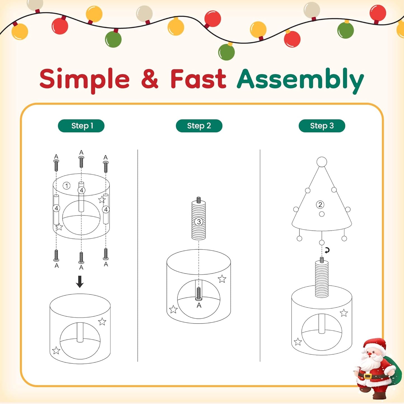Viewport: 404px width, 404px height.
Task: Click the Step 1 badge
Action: (81, 126)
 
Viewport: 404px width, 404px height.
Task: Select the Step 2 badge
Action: (199, 126)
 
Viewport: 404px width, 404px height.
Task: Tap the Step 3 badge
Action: (322, 126)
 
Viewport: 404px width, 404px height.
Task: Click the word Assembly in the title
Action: (300, 81)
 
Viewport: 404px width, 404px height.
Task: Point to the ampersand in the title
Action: (150, 79)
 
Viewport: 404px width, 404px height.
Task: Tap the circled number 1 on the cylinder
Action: (67, 186)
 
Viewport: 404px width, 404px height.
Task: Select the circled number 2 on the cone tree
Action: (320, 205)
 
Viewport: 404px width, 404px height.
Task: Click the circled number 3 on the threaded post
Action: (199, 222)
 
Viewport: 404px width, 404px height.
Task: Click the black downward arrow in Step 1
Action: (80, 282)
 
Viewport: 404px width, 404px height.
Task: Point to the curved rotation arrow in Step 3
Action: (327, 250)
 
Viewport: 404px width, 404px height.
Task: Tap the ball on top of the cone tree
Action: (322, 162)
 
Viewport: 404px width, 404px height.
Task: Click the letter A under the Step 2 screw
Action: (199, 306)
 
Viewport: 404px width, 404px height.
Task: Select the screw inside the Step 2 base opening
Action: (199, 294)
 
